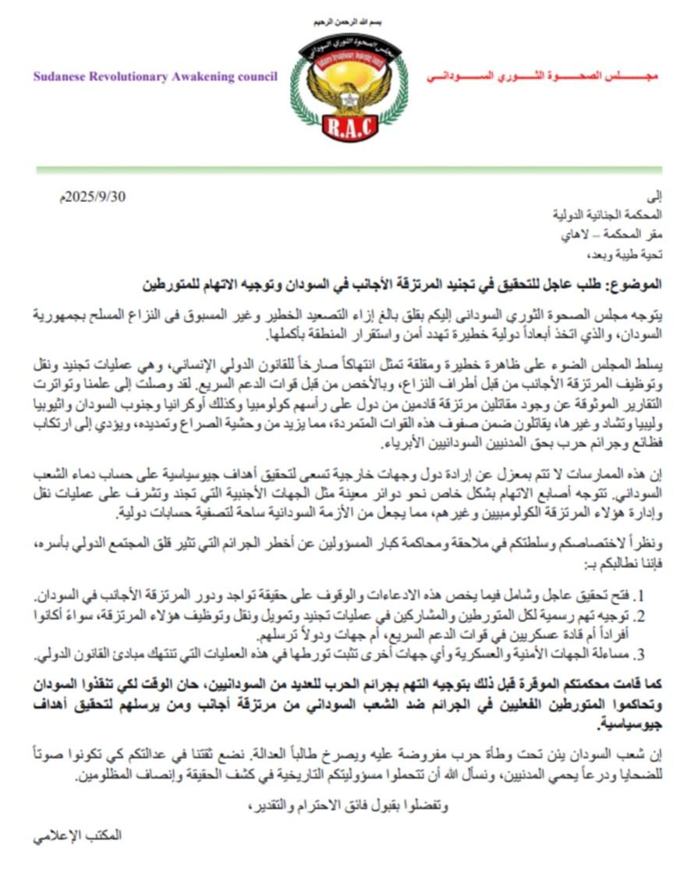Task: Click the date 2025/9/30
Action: click(96, 197)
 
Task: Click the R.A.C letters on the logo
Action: click(349, 127)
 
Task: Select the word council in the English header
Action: click(251, 78)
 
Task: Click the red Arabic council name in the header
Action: click(543, 78)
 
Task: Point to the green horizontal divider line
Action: click(349, 169)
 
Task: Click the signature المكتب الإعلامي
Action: click(79, 835)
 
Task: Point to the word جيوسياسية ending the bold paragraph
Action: click(625, 725)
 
